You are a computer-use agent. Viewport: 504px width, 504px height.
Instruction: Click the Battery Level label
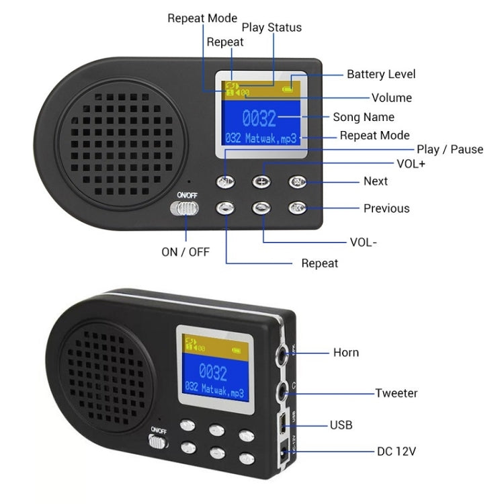click(381, 75)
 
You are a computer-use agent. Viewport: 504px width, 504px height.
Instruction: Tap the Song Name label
click(364, 117)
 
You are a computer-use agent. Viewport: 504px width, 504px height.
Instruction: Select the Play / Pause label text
click(450, 149)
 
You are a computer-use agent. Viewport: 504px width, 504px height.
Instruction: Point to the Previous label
click(386, 208)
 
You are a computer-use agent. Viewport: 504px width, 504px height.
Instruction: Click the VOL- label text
click(364, 242)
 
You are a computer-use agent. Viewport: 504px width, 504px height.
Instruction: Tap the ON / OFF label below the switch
click(185, 251)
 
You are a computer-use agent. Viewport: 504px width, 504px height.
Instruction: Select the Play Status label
click(271, 28)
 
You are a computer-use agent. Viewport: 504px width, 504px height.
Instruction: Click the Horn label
click(346, 352)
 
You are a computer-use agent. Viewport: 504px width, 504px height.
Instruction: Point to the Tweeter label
click(396, 393)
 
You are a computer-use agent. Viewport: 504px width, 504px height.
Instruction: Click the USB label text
click(341, 425)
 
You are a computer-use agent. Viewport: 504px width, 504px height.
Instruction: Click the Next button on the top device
click(297, 181)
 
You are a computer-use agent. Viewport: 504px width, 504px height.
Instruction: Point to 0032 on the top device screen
click(259, 120)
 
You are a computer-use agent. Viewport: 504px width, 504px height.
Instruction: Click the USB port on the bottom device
click(284, 423)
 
